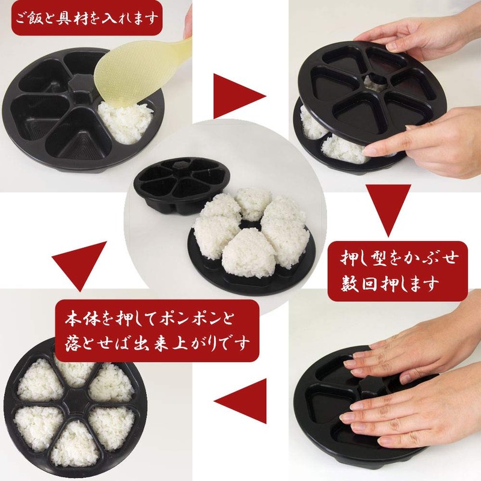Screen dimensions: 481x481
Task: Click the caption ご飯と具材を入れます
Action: point(87,19)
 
